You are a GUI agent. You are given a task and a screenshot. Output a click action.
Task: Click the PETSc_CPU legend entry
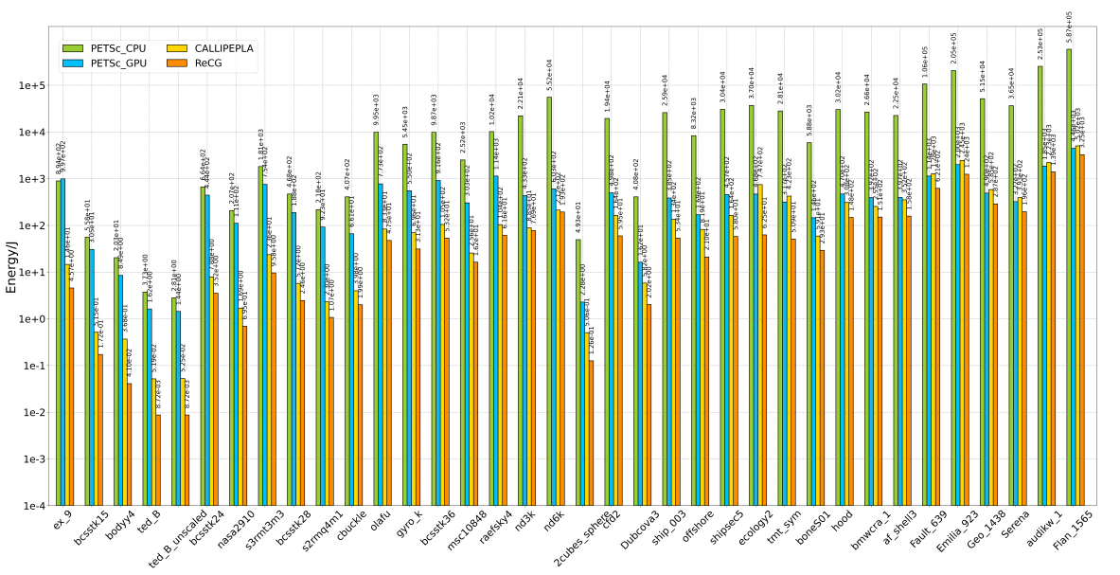pyautogui.click(x=118, y=48)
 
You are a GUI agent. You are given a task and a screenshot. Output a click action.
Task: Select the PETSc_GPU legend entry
pyautogui.click(x=118, y=63)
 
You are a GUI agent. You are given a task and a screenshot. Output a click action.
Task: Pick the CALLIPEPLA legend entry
pyautogui.click(x=223, y=48)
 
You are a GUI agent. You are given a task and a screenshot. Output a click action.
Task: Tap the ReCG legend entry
pyautogui.click(x=208, y=63)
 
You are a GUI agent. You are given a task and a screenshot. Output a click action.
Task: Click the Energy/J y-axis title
pyautogui.click(x=11, y=266)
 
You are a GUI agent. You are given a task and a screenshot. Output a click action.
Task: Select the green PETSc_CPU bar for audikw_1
pyautogui.click(x=1040, y=285)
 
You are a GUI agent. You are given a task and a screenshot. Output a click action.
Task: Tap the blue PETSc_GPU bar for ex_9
pyautogui.click(x=62, y=341)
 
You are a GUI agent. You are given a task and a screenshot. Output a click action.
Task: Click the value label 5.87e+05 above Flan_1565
pyautogui.click(x=1070, y=29)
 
